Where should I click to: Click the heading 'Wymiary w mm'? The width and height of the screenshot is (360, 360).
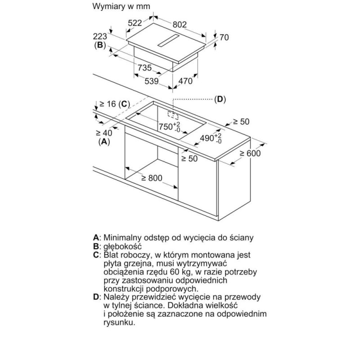point(121,6)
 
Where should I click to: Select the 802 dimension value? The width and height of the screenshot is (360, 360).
point(180,25)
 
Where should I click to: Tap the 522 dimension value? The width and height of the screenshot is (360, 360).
point(135,23)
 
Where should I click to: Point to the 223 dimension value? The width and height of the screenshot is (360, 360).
point(100,36)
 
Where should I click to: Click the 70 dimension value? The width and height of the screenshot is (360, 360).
point(224,37)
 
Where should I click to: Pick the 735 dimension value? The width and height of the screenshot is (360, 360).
point(144,68)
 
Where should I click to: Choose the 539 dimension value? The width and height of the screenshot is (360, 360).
point(152,81)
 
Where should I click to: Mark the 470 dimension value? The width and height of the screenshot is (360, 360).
point(185,81)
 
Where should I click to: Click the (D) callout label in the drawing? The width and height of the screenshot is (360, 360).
point(220,99)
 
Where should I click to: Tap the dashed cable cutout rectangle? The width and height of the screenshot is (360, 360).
point(173,115)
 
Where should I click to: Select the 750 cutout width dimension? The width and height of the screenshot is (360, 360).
point(170,127)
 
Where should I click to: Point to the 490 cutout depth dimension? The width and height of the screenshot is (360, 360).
point(211,139)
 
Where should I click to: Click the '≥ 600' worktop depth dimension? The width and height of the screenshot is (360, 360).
point(250,153)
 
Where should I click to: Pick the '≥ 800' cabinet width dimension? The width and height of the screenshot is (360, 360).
point(152,178)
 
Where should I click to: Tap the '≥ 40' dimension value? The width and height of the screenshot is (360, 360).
point(104,133)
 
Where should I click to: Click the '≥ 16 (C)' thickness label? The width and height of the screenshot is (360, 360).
point(114,104)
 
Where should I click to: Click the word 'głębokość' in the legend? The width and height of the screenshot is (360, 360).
point(122,246)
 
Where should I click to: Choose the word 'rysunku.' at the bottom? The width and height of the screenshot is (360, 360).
point(119,323)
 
